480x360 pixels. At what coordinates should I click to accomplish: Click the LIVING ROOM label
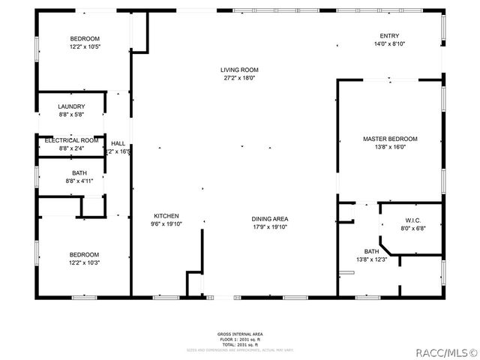(240, 70)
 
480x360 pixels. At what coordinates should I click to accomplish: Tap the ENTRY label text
(389, 36)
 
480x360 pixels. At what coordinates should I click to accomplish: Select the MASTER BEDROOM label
(390, 139)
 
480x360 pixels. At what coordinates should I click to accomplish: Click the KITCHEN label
(166, 216)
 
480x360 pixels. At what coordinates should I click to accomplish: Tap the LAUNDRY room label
(71, 106)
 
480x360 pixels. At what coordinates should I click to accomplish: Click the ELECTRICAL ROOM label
(71, 140)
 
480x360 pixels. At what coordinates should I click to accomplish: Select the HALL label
(118, 143)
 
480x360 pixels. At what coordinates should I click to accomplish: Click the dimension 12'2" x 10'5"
(85, 46)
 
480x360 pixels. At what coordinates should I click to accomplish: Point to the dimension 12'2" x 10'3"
(85, 262)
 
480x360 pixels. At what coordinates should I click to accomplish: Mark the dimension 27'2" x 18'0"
(240, 78)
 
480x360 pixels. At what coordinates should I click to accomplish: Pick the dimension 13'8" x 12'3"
(371, 259)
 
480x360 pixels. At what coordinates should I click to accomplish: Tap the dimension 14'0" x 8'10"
(389, 44)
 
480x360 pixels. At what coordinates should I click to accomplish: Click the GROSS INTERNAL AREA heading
(240, 334)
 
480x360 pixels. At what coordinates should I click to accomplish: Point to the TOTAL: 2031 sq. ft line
(240, 343)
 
